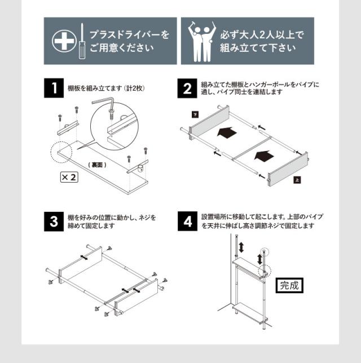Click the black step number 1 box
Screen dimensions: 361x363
[54, 88]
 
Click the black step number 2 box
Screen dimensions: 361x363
[187, 88]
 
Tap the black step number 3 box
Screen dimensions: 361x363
[54, 222]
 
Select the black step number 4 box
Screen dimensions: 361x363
[187, 222]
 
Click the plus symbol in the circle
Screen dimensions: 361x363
[64, 41]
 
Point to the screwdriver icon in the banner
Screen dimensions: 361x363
[82, 41]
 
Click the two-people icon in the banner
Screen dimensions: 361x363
[201, 42]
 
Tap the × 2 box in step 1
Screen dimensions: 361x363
[69, 177]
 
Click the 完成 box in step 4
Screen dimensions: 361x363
[289, 285]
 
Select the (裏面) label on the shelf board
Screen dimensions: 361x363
[98, 165]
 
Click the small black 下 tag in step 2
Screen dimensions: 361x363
[195, 114]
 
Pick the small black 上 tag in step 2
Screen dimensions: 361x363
[297, 180]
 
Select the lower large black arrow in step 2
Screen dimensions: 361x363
[264, 156]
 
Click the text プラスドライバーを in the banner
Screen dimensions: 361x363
[129, 35]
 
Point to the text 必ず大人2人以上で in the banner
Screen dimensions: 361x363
[262, 35]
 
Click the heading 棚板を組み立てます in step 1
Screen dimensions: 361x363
[95, 88]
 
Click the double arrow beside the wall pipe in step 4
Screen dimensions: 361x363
[241, 247]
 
